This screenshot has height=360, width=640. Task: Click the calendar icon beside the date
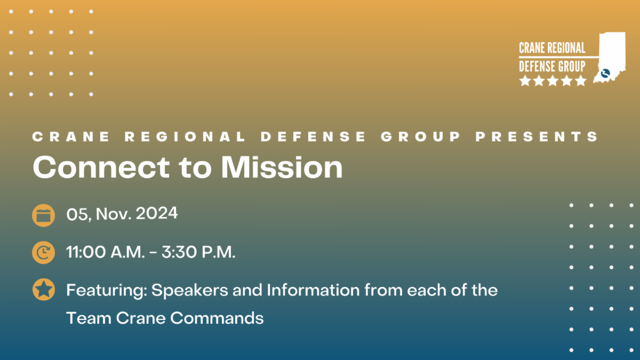pyautogui.click(x=43, y=215)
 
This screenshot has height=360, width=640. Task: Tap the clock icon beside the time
pyautogui.click(x=43, y=253)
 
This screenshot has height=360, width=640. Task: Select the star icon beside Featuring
pyautogui.click(x=43, y=290)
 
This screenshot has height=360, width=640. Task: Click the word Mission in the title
pyautogui.click(x=282, y=167)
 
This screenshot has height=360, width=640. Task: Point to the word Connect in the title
pyautogui.click(x=101, y=167)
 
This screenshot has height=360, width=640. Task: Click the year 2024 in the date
pyautogui.click(x=157, y=213)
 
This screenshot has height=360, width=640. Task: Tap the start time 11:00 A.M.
pyautogui.click(x=106, y=252)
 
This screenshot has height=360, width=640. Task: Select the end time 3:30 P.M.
pyautogui.click(x=198, y=252)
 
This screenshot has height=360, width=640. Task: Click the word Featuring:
pyautogui.click(x=107, y=291)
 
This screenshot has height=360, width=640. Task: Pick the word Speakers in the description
pyautogui.click(x=190, y=290)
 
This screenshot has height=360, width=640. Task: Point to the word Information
pyautogui.click(x=313, y=290)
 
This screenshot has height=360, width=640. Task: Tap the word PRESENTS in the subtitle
pyautogui.click(x=537, y=137)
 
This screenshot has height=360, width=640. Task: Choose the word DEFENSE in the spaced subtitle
pyautogui.click(x=313, y=137)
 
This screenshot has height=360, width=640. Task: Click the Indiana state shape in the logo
pyautogui.click(x=611, y=57)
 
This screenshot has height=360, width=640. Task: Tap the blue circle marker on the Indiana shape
pyautogui.click(x=605, y=74)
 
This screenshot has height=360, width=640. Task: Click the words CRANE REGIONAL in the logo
pyautogui.click(x=552, y=48)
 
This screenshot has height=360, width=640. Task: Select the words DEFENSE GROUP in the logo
pyautogui.click(x=552, y=66)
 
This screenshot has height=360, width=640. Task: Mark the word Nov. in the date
pyautogui.click(x=114, y=214)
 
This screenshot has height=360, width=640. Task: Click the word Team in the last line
pyautogui.click(x=89, y=318)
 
